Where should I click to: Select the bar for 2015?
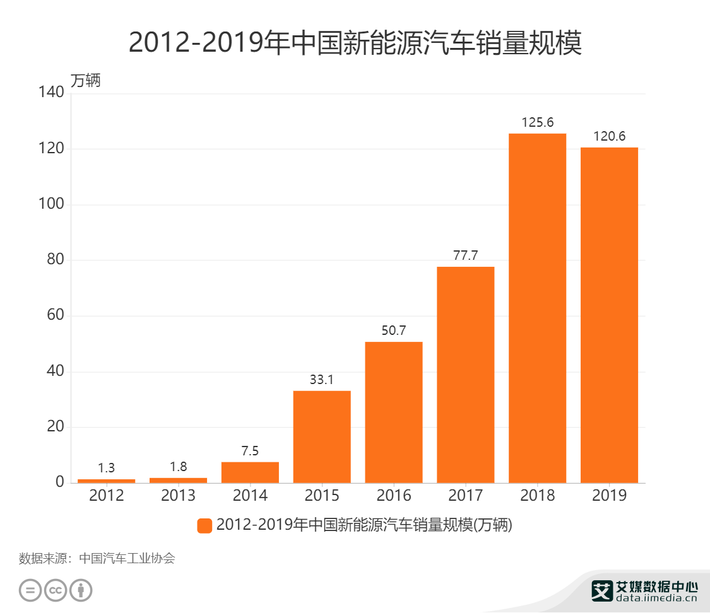(x=321, y=436)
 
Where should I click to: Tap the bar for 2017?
(x=465, y=375)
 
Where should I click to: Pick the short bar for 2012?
(x=106, y=481)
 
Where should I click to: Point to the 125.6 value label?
(x=537, y=122)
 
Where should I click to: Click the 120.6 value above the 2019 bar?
(x=609, y=136)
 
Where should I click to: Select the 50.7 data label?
(x=393, y=330)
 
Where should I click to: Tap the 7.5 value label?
(x=250, y=451)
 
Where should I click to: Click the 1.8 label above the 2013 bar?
(x=178, y=467)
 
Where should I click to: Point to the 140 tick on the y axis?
(x=52, y=93)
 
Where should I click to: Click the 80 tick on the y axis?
(x=56, y=260)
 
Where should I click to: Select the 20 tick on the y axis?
(x=56, y=427)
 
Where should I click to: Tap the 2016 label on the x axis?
(x=393, y=496)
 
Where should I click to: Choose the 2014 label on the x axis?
(x=250, y=496)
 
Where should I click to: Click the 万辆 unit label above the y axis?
(x=85, y=81)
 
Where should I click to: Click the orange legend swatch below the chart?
(x=204, y=525)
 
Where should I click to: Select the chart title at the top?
(x=355, y=43)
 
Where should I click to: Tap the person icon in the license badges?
(x=81, y=590)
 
